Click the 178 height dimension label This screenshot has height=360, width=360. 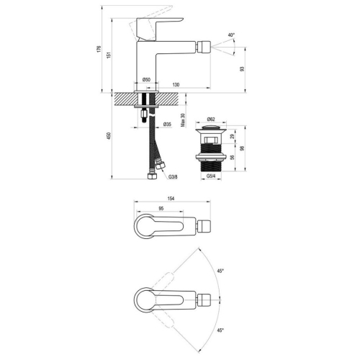pyautogui.click(x=99, y=49)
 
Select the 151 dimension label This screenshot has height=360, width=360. pyautogui.click(x=109, y=55)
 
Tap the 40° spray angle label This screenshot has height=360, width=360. pyautogui.click(x=231, y=35)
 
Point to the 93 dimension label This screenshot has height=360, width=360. pyautogui.click(x=242, y=68)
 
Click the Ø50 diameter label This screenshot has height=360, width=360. pyautogui.click(x=146, y=79)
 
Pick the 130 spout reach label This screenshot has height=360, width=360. pyautogui.click(x=176, y=84)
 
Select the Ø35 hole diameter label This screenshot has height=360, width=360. pyautogui.click(x=167, y=124)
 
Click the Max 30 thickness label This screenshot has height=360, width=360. pyautogui.click(x=183, y=120)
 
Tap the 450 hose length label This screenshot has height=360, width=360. pyautogui.click(x=109, y=136)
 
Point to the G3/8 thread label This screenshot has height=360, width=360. pyautogui.click(x=173, y=177)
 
